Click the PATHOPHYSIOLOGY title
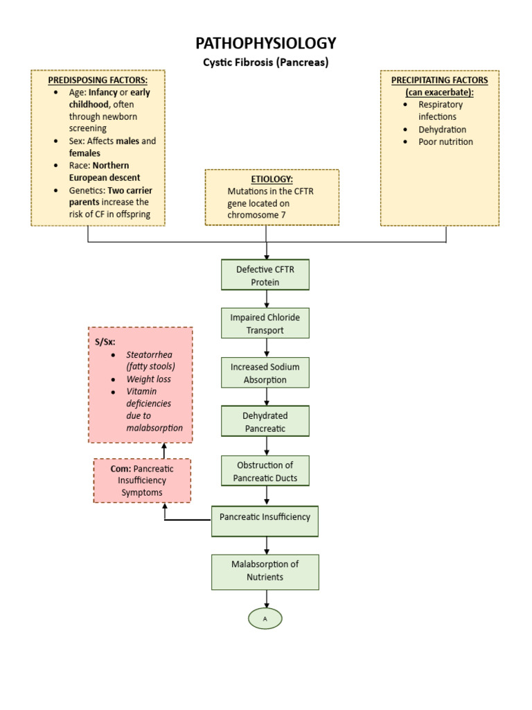[x=266, y=44]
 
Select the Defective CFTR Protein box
[x=265, y=275]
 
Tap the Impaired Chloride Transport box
[x=265, y=324]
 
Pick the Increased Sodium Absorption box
[x=265, y=373]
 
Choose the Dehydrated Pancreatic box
[x=265, y=422]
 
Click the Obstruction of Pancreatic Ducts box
[x=265, y=471]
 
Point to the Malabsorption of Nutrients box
[x=265, y=571]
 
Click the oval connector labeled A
[x=265, y=618]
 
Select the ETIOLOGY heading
[x=272, y=179]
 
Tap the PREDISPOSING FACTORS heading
[x=98, y=80]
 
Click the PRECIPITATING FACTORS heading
[x=439, y=80]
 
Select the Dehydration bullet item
[x=442, y=130]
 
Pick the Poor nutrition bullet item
[x=445, y=142]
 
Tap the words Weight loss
[x=148, y=379]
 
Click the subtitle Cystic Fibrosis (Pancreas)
[x=266, y=62]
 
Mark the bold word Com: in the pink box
[x=121, y=469]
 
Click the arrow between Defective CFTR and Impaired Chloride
[x=267, y=299]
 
